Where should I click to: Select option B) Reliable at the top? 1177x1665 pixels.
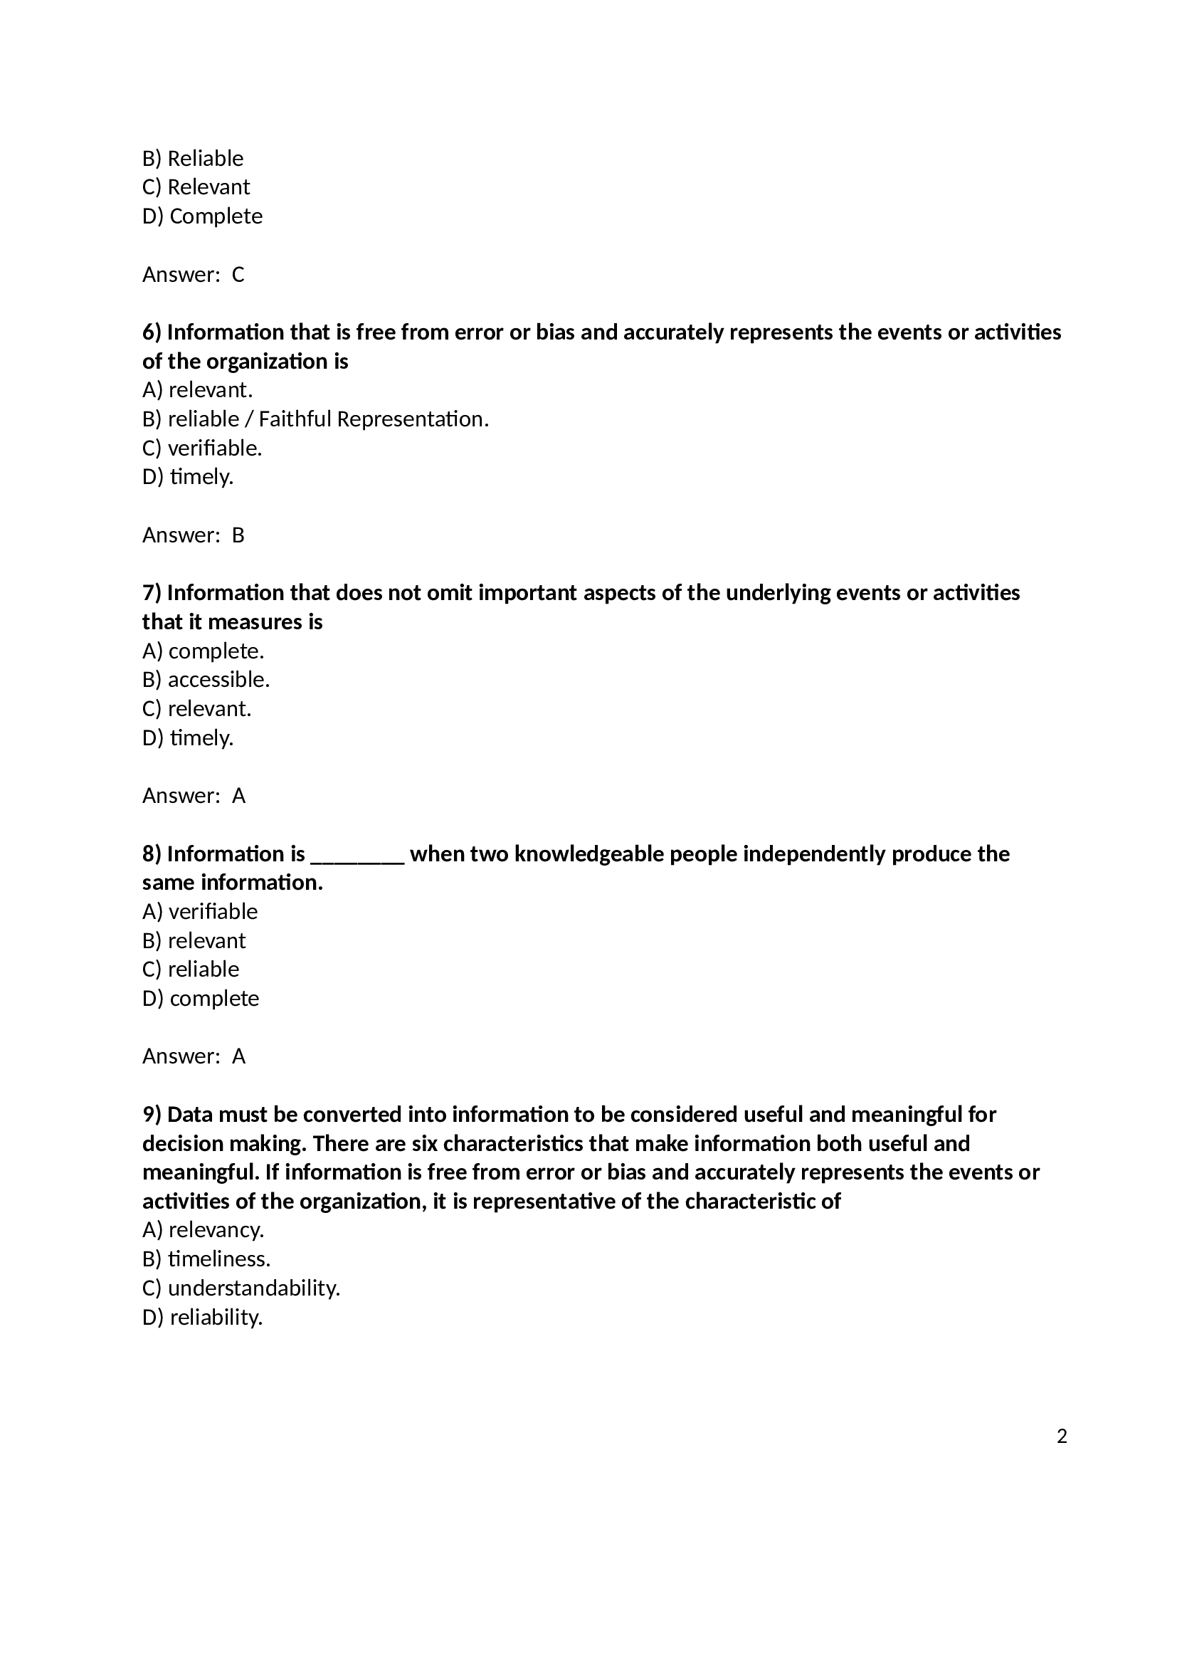pos(193,158)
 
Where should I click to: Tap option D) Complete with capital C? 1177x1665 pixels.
pos(202,216)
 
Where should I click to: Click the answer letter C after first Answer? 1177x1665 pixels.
pos(238,275)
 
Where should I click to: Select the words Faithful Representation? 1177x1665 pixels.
pos(371,419)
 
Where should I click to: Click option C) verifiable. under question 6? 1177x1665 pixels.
pos(202,448)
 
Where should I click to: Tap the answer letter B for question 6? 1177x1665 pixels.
pos(238,535)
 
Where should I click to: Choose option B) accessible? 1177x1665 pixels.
pos(206,680)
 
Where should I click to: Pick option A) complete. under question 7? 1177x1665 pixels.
pos(203,651)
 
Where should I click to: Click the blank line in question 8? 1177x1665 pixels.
pos(357,856)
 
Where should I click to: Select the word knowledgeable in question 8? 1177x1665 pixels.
pos(589,853)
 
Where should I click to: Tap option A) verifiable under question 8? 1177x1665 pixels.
pos(200,912)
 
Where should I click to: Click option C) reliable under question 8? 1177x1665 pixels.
pos(191,970)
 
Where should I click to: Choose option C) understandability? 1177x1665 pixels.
pos(241,1288)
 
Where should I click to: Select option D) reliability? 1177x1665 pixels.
pos(202,1317)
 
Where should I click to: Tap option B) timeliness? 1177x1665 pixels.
pos(206,1259)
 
